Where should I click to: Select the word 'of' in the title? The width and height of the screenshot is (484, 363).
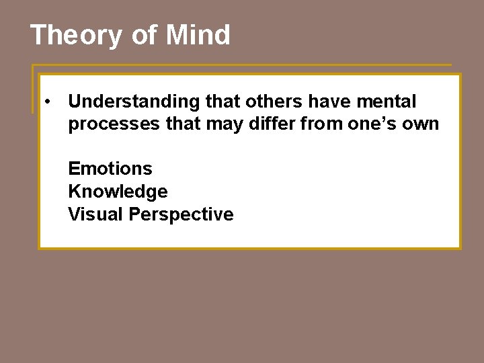pyautogui.click(x=145, y=35)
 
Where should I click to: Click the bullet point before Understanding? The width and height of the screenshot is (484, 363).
pyautogui.click(x=48, y=102)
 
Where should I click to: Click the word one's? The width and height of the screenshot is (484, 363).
pyautogui.click(x=372, y=124)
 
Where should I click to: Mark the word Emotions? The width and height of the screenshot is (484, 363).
pyautogui.click(x=110, y=168)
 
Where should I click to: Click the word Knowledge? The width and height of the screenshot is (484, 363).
pyautogui.click(x=118, y=192)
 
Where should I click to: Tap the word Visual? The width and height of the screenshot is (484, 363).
pyautogui.click(x=96, y=214)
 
